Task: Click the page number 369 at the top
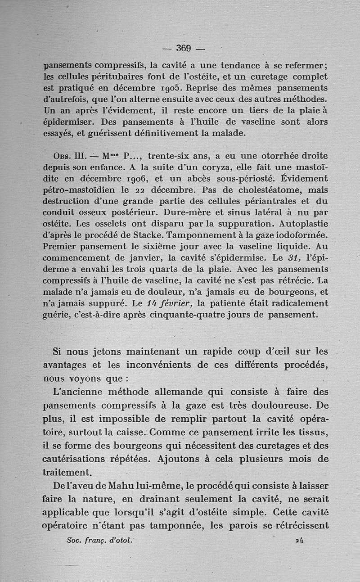tap(184, 48)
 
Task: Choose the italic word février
tap(166, 303)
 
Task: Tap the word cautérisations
tap(75, 460)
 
